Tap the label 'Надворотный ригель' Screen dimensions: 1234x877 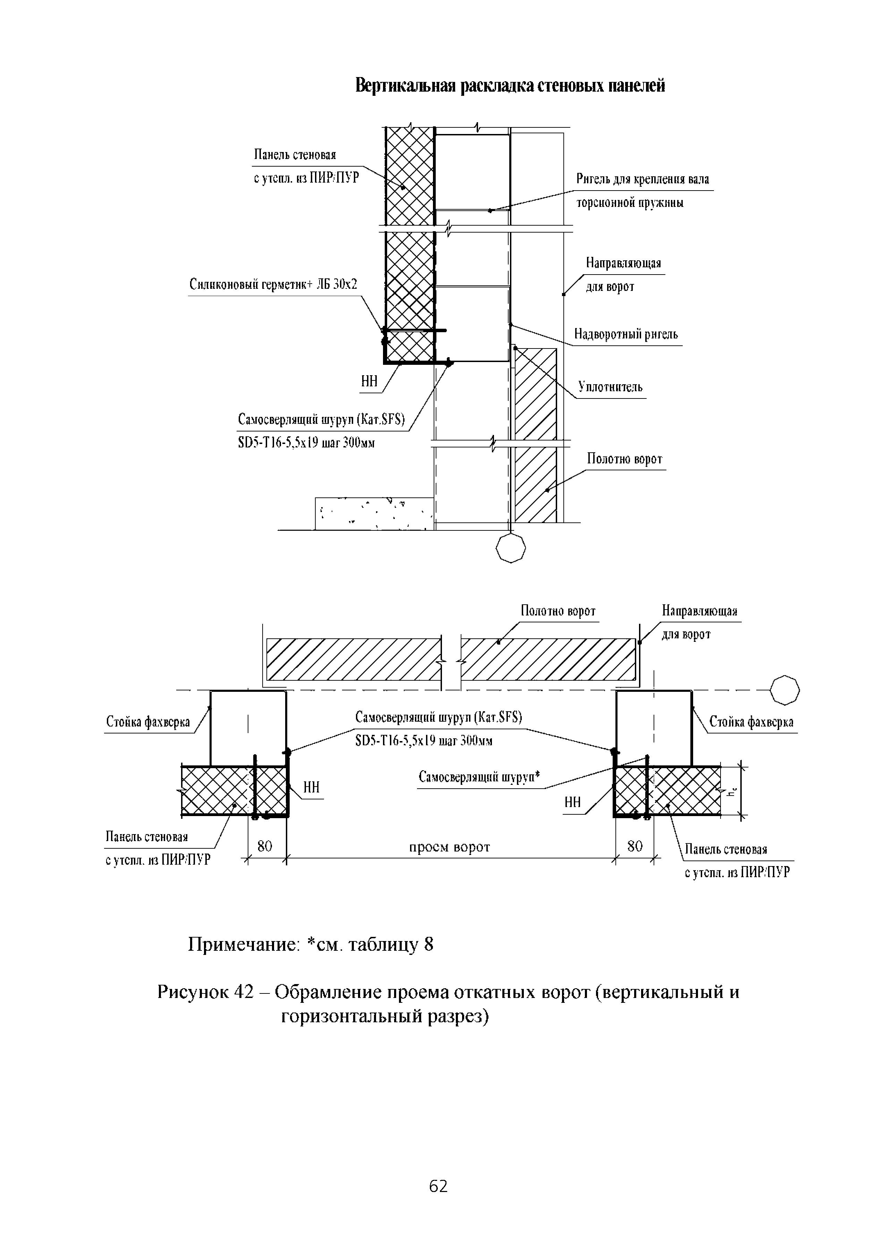tap(625, 334)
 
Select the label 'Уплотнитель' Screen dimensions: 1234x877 tap(610, 387)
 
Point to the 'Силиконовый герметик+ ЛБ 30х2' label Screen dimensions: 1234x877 tap(273, 285)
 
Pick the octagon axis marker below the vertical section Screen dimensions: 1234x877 tap(510, 548)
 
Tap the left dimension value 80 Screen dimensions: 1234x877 tap(265, 846)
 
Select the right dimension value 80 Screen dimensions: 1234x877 tap(635, 846)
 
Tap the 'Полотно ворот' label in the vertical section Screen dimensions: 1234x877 tap(624, 459)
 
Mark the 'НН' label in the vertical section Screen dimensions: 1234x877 tap(369, 382)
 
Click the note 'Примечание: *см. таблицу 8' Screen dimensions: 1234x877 tap(310, 945)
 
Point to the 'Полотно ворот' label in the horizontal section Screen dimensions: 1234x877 tap(558, 611)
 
